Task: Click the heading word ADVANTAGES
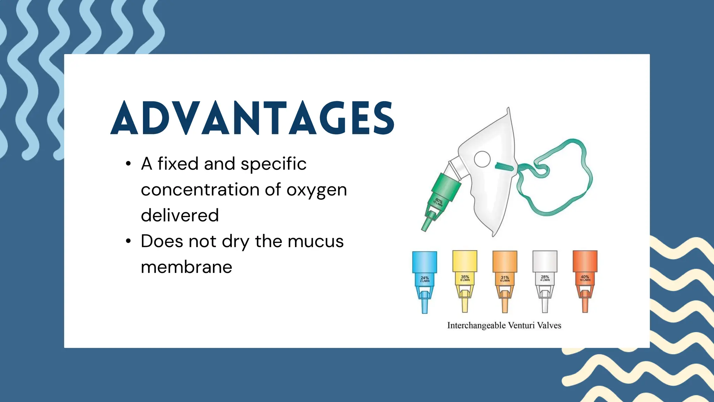coord(252,118)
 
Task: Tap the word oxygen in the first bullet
coord(317,190)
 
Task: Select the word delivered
coord(180,215)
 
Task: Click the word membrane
coord(187,267)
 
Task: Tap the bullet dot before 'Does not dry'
coord(128,241)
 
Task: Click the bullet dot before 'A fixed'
coord(128,164)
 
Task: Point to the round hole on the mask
coord(482,159)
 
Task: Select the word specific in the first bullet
coord(273,164)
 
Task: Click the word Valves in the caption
coord(549,326)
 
